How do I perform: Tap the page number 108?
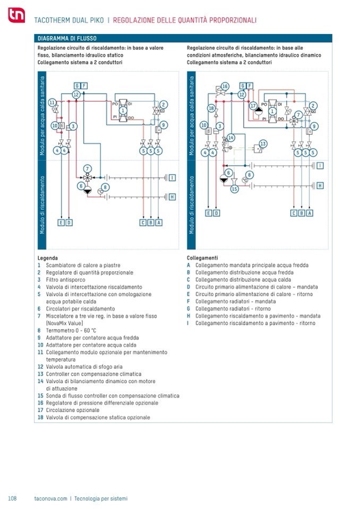13,498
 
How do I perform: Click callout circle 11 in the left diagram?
53,102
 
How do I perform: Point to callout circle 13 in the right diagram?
262,144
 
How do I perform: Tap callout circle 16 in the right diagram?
225,86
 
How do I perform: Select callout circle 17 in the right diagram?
253,105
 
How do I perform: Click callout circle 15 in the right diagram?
235,188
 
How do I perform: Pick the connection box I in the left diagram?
172,177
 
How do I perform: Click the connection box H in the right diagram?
320,185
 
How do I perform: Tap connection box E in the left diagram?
61,222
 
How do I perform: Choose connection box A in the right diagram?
310,213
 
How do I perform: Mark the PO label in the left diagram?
114,104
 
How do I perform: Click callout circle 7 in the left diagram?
88,168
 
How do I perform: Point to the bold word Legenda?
48,257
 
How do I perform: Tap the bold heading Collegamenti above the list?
200,257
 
